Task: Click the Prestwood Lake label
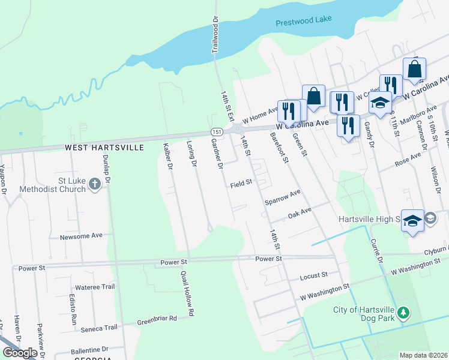[x=303, y=23]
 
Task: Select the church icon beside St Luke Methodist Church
[x=95, y=184]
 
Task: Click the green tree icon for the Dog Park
[x=404, y=313]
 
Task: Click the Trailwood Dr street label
[x=215, y=35]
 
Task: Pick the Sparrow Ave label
[x=282, y=198]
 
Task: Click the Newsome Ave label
[x=82, y=236]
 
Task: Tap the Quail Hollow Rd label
[x=187, y=293]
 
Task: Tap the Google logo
[x=20, y=353]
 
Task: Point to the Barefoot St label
[x=281, y=150]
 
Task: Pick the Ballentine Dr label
[x=88, y=349]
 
